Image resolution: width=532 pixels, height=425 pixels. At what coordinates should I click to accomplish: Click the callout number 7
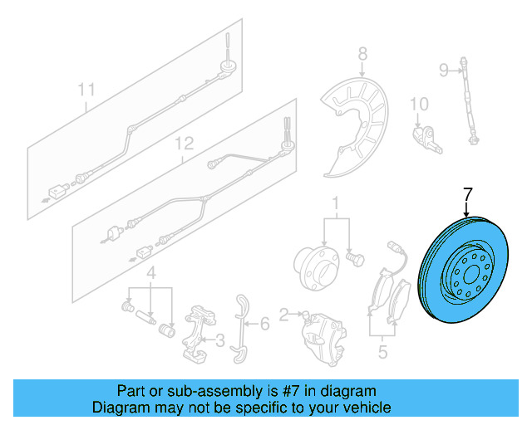(x=467, y=196)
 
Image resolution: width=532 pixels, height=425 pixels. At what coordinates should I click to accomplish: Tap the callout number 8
(x=362, y=55)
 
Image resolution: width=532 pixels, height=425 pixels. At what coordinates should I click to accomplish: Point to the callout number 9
(x=444, y=68)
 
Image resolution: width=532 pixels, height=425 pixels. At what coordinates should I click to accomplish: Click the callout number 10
(x=418, y=104)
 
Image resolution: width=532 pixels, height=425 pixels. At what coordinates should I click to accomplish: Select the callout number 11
(x=86, y=89)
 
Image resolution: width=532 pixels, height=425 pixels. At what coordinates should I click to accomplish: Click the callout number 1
(x=337, y=203)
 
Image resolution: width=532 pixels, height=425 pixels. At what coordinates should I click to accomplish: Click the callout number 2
(x=285, y=314)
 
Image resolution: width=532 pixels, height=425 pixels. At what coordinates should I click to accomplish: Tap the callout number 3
(x=219, y=340)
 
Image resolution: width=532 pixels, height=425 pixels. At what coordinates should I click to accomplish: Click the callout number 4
(x=150, y=273)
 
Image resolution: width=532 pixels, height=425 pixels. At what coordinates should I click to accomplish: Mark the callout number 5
(x=382, y=352)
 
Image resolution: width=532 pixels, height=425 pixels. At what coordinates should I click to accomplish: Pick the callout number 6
(x=264, y=322)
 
